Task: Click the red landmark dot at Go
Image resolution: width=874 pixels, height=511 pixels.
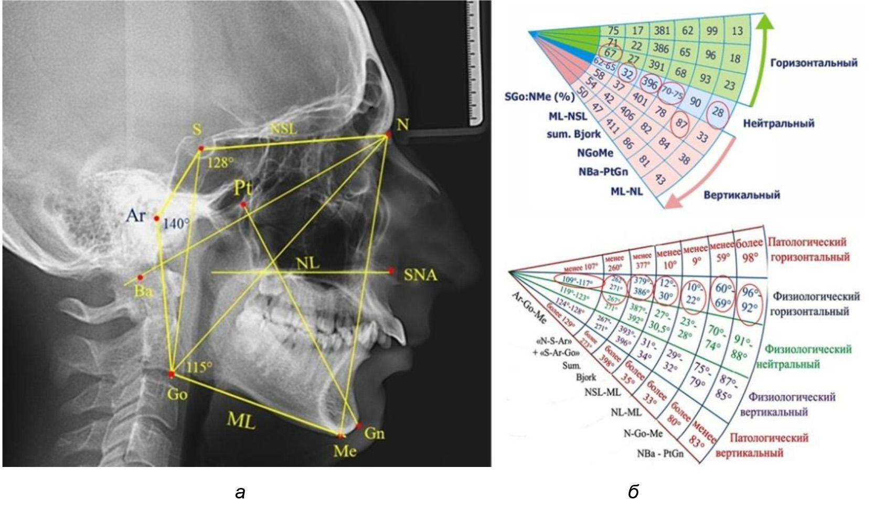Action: (171, 374)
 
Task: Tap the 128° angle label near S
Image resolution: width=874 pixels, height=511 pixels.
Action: (219, 162)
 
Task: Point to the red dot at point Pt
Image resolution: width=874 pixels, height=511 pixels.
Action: (243, 204)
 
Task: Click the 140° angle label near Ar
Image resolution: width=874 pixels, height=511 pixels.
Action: (176, 224)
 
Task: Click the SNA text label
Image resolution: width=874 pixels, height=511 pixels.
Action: (420, 275)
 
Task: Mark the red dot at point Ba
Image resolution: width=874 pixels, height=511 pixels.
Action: (140, 277)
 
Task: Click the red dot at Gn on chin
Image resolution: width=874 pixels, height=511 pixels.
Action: (359, 426)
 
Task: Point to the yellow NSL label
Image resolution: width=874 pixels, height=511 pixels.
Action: (283, 127)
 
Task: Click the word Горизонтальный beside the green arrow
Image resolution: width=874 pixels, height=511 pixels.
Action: (814, 63)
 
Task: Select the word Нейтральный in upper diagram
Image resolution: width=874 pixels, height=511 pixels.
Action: (779, 124)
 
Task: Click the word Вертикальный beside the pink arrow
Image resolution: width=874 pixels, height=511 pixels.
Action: (742, 195)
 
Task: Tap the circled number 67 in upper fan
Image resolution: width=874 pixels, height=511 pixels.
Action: (610, 53)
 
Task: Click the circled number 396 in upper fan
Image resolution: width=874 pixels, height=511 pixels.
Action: (649, 83)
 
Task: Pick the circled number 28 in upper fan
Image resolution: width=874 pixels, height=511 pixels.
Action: (717, 113)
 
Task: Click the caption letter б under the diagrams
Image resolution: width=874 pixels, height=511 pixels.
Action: (633, 492)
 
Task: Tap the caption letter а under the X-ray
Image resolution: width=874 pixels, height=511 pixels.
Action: (240, 493)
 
